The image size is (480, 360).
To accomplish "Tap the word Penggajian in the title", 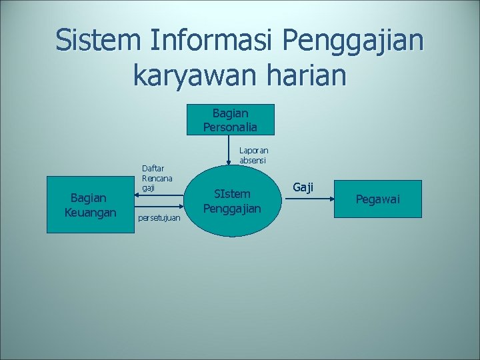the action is tap(353, 41).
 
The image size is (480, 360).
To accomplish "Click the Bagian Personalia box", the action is tap(230, 120).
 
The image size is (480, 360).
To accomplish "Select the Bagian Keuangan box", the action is tap(90, 205).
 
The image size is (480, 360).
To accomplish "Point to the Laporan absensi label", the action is tap(254, 155).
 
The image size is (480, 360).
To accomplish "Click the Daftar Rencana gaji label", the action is tap(157, 178).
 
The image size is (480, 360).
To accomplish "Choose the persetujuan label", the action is tap(159, 218).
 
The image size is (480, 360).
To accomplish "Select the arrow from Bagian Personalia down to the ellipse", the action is tap(229, 150).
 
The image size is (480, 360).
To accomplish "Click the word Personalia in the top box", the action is tap(230, 127).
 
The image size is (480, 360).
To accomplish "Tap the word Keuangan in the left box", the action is tap(91, 212).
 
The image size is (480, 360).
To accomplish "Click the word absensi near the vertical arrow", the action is tap(253, 161).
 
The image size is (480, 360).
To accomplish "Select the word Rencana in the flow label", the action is tap(157, 178).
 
